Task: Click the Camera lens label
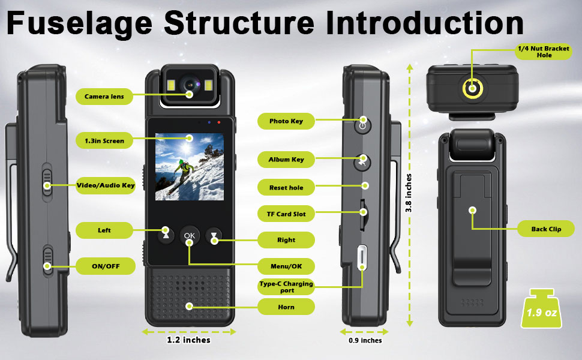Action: click(x=104, y=96)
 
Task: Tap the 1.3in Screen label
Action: click(x=104, y=141)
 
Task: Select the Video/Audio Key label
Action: click(x=106, y=185)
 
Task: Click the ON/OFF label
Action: click(x=104, y=265)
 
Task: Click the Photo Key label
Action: click(x=286, y=121)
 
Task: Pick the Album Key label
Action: click(x=286, y=160)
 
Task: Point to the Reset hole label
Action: click(x=286, y=188)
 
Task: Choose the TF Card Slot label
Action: click(x=286, y=214)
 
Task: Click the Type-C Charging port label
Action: click(x=286, y=287)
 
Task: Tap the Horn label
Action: click(x=286, y=307)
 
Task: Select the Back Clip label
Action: click(x=546, y=229)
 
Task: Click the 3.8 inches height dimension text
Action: click(x=409, y=194)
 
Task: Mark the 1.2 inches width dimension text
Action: click(x=188, y=340)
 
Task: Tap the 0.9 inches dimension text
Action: click(x=364, y=340)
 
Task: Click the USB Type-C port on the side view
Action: click(x=362, y=258)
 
